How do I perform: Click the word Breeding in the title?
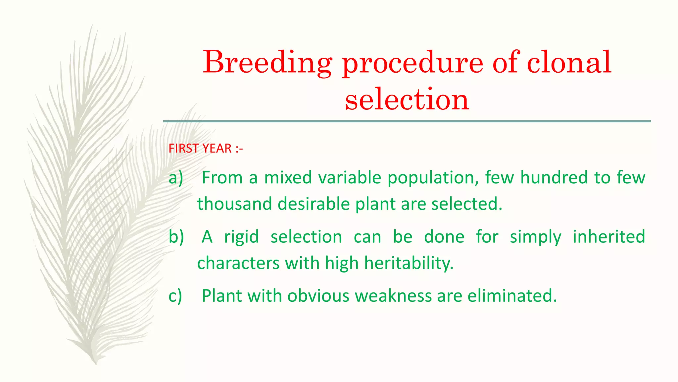[267, 63]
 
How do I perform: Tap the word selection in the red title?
[407, 99]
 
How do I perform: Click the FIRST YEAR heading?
[206, 149]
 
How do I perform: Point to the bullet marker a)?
[175, 178]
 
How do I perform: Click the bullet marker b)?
[176, 237]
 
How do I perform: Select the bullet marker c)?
[175, 296]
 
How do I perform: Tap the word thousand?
[234, 204]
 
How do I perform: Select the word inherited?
[609, 237]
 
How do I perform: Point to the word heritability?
[409, 263]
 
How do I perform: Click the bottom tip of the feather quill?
[95, 363]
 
